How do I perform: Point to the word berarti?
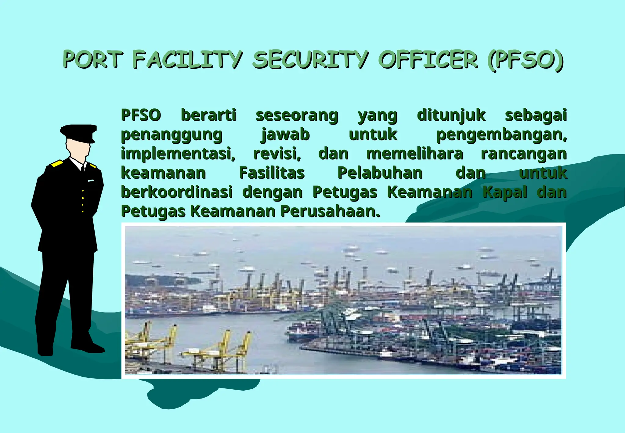[208, 115]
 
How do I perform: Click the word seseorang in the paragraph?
[297, 115]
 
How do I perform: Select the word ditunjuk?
[451, 115]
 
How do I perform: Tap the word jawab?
[285, 135]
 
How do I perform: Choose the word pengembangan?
[501, 135]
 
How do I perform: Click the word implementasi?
[178, 154]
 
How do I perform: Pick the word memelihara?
[414, 154]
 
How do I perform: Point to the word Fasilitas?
[272, 173]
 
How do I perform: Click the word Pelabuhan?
[380, 173]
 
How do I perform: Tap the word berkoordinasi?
[177, 192]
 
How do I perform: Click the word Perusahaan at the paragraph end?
[330, 211]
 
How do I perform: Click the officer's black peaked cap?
[79, 132]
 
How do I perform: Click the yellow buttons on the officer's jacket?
[83, 201]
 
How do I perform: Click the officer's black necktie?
[82, 169]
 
